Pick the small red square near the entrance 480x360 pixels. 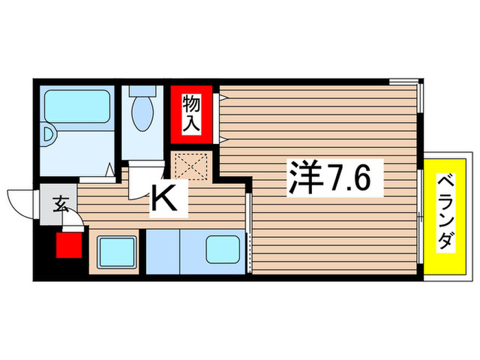69,245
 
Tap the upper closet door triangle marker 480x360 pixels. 221,98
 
